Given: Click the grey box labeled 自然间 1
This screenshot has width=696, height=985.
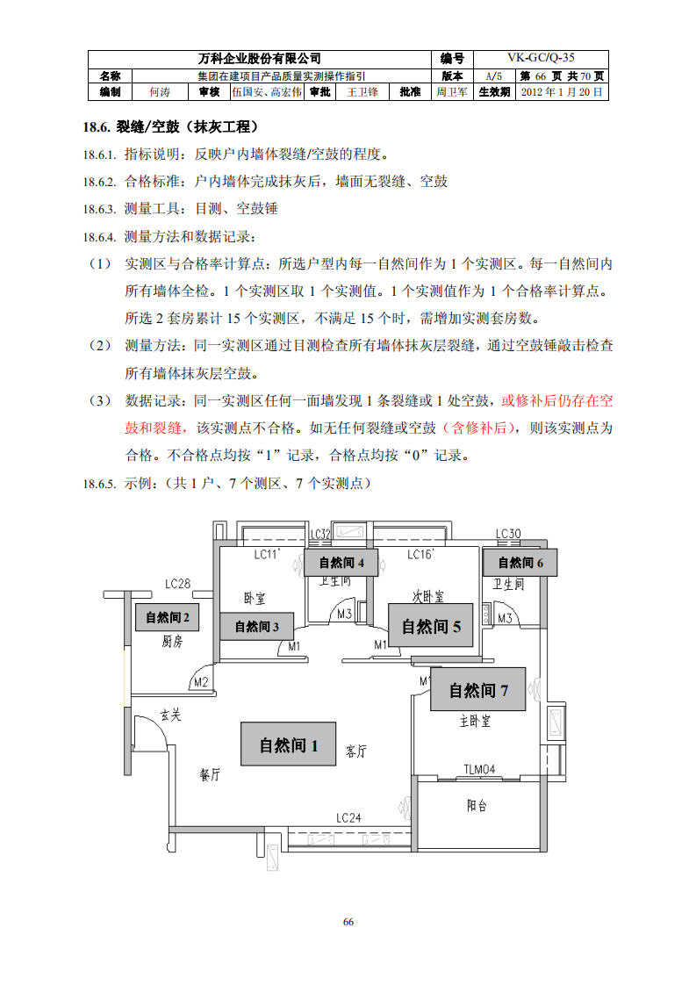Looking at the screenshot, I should point(289,744).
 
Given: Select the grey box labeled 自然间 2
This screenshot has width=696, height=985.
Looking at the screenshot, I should point(167,617).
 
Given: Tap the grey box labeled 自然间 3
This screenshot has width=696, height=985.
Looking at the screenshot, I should point(257,626).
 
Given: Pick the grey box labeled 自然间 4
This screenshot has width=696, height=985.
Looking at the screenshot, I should point(341,563).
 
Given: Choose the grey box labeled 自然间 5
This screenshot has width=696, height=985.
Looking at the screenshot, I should point(431,626).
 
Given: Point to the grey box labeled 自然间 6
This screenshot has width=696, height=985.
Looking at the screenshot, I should point(521,563).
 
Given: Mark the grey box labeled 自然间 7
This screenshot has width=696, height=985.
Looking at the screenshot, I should point(478,690).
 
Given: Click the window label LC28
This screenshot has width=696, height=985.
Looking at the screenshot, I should point(177,583).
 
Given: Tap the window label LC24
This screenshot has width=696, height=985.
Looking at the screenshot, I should point(348,817).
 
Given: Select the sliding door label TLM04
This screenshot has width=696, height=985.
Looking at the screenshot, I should point(479,770).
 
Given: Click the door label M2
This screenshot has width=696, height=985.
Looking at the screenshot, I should point(200,681).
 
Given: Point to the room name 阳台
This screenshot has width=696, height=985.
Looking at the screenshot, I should point(477,805).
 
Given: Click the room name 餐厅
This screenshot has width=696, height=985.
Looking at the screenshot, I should point(210,775).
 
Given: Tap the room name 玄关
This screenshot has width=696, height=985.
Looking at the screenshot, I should point(170,715).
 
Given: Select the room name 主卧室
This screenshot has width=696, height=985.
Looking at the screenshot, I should point(475,722).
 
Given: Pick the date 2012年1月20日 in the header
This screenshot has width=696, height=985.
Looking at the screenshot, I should point(562,91).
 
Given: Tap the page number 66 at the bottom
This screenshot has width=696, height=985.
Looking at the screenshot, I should point(348,922).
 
